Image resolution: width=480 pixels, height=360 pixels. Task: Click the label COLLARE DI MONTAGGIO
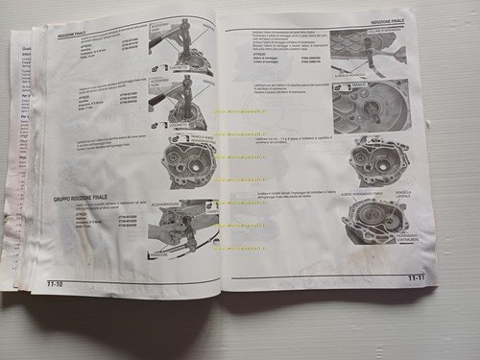tap(380, 32)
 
